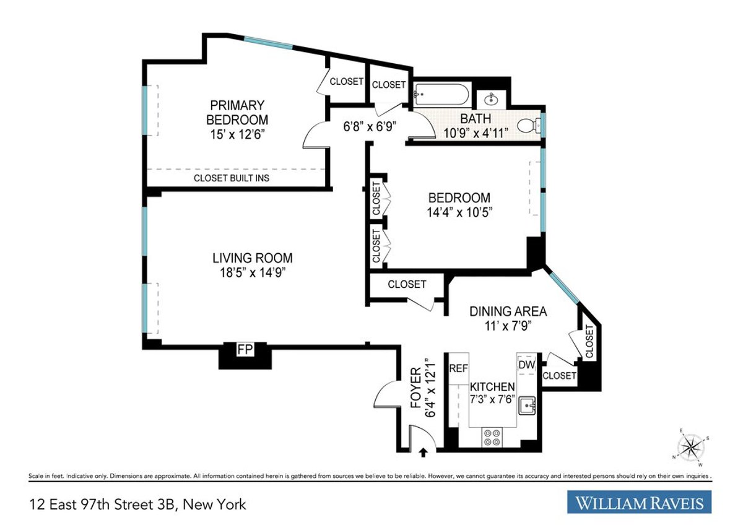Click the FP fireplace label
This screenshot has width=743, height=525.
(x=245, y=350)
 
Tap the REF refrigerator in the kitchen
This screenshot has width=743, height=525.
(x=458, y=368)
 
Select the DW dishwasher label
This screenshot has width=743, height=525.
(x=526, y=365)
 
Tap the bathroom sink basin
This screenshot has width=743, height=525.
(x=494, y=98)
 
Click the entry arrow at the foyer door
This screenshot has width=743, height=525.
(x=424, y=453)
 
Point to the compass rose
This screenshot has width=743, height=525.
(x=691, y=446)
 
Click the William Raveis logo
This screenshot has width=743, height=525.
(x=640, y=502)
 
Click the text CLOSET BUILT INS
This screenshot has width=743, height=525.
(x=232, y=178)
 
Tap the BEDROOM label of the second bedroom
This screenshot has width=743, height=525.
(x=459, y=197)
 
